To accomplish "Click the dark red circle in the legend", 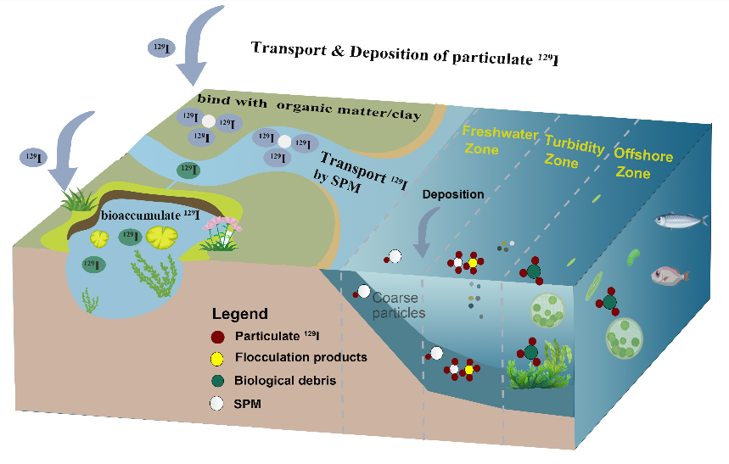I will coord(217,336).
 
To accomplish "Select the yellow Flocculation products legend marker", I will coord(217,358).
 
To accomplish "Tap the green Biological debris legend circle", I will coord(217,381).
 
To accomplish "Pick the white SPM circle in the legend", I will coord(217,404).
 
